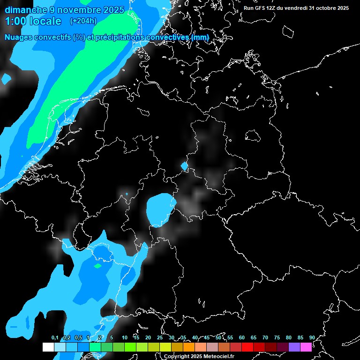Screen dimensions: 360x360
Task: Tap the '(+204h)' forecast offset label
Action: (x=83, y=21)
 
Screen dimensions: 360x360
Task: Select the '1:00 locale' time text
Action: (x=33, y=21)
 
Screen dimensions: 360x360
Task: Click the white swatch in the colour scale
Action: (x=48, y=347)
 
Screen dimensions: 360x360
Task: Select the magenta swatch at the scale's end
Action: (x=306, y=347)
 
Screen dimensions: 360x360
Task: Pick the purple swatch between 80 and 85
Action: (x=294, y=347)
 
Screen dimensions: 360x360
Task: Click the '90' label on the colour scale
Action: (x=312, y=337)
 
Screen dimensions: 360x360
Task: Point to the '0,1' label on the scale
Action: (x=54, y=337)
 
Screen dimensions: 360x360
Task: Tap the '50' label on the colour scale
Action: (x=218, y=337)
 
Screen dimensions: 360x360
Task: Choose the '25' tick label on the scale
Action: (x=160, y=337)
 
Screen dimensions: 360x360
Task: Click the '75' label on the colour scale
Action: (x=277, y=337)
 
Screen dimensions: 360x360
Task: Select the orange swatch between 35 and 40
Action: (x=189, y=347)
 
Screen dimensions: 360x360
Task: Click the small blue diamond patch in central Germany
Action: (x=184, y=165)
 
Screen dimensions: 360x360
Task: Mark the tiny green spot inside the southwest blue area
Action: (x=97, y=266)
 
